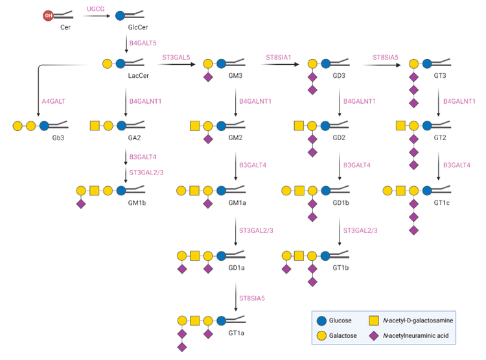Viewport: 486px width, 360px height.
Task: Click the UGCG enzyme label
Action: [96, 9]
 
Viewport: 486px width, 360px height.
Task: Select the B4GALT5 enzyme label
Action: [143, 43]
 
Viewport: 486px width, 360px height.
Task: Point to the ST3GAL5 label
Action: [176, 58]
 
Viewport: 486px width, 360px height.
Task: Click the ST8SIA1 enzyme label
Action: [279, 58]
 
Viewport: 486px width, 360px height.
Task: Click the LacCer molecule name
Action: [139, 77]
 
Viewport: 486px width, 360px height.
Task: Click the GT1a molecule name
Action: [237, 333]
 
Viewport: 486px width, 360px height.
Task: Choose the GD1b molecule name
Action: [341, 203]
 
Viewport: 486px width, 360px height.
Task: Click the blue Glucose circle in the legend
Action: [321, 320]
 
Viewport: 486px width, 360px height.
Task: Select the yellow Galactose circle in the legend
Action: [321, 336]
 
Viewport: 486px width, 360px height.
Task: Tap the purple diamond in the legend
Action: [373, 336]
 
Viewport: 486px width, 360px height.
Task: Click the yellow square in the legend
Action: [373, 320]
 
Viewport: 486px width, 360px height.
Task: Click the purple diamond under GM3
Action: [208, 78]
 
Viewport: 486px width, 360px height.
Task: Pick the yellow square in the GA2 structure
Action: [94, 125]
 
